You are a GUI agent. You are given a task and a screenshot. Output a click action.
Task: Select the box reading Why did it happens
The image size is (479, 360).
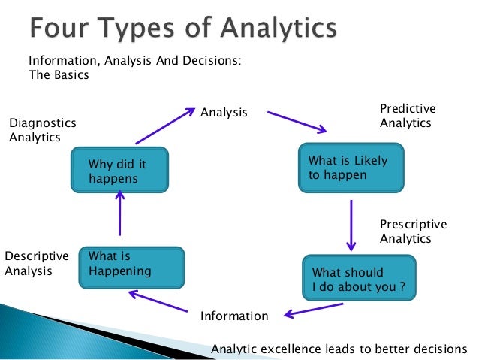click(119, 171)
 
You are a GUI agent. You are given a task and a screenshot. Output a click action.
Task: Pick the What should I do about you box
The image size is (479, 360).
click(358, 279)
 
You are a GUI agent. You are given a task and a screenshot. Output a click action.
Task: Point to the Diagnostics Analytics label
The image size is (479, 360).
click(42, 129)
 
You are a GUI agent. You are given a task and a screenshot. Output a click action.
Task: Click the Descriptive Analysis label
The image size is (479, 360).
click(36, 263)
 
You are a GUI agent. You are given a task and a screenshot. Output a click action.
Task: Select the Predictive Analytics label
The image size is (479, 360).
click(407, 116)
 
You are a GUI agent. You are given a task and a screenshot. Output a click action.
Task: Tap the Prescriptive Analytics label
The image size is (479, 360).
click(413, 231)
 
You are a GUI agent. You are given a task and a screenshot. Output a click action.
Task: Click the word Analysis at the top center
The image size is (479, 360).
click(224, 113)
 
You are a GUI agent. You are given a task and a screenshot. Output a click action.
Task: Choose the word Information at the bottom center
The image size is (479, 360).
click(233, 316)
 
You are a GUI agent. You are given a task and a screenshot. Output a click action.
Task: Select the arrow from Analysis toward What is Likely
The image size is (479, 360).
click(296, 122)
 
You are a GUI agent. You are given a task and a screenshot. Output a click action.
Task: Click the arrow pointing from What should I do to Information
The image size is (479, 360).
click(314, 309)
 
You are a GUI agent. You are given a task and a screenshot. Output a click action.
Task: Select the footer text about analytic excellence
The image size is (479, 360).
click(339, 348)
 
